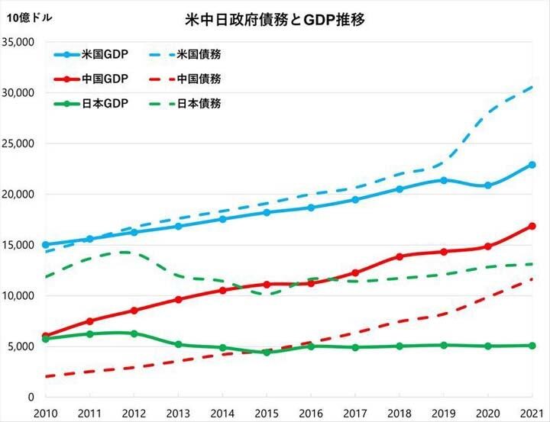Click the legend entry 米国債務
(199, 54)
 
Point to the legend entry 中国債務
(199, 79)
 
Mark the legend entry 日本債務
(199, 103)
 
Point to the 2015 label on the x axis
(267, 412)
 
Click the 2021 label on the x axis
(532, 412)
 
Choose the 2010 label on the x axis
(46, 412)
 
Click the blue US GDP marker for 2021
(532, 165)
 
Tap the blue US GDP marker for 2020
(487, 185)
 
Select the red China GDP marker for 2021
(532, 226)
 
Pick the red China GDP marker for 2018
(399, 256)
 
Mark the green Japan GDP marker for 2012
(134, 333)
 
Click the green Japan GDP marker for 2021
(532, 345)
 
